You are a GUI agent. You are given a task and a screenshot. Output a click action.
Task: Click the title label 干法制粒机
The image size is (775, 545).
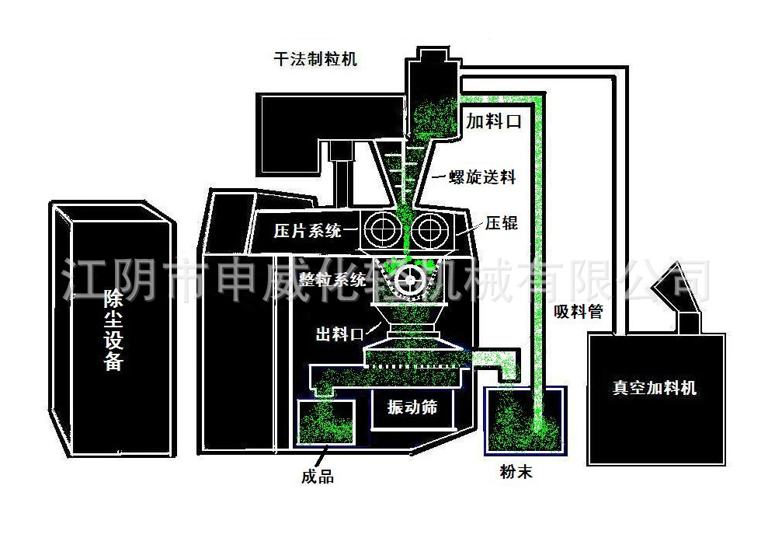(x=315, y=59)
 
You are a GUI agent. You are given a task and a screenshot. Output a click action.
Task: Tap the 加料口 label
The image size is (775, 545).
(x=492, y=122)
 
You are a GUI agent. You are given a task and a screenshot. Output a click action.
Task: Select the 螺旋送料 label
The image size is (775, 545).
(x=483, y=177)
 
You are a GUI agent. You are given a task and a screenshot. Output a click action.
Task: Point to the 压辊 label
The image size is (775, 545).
(x=502, y=224)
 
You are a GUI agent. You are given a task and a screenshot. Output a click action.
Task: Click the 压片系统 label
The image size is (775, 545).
(x=308, y=230)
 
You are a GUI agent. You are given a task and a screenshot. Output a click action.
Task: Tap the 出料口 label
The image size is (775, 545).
(x=339, y=334)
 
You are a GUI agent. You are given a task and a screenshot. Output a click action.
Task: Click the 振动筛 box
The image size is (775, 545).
(x=412, y=408)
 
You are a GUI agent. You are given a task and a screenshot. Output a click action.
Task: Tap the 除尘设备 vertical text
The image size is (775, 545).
(x=113, y=330)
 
